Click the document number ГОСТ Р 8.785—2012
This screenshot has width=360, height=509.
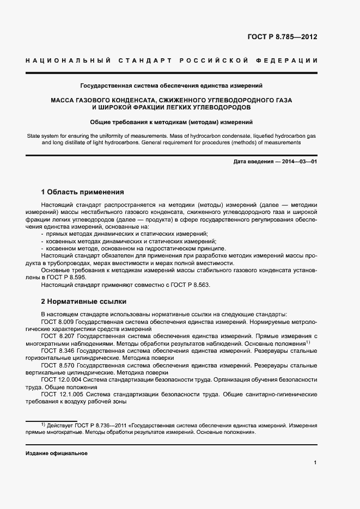click(x=282, y=38)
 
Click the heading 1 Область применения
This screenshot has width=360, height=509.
click(x=83, y=192)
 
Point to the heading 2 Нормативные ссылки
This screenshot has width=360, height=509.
click(x=84, y=301)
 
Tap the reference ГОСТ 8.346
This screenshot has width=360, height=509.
click(x=56, y=351)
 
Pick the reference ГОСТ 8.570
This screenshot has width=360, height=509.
click(x=56, y=365)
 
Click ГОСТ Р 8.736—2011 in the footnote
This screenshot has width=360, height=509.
click(x=96, y=425)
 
